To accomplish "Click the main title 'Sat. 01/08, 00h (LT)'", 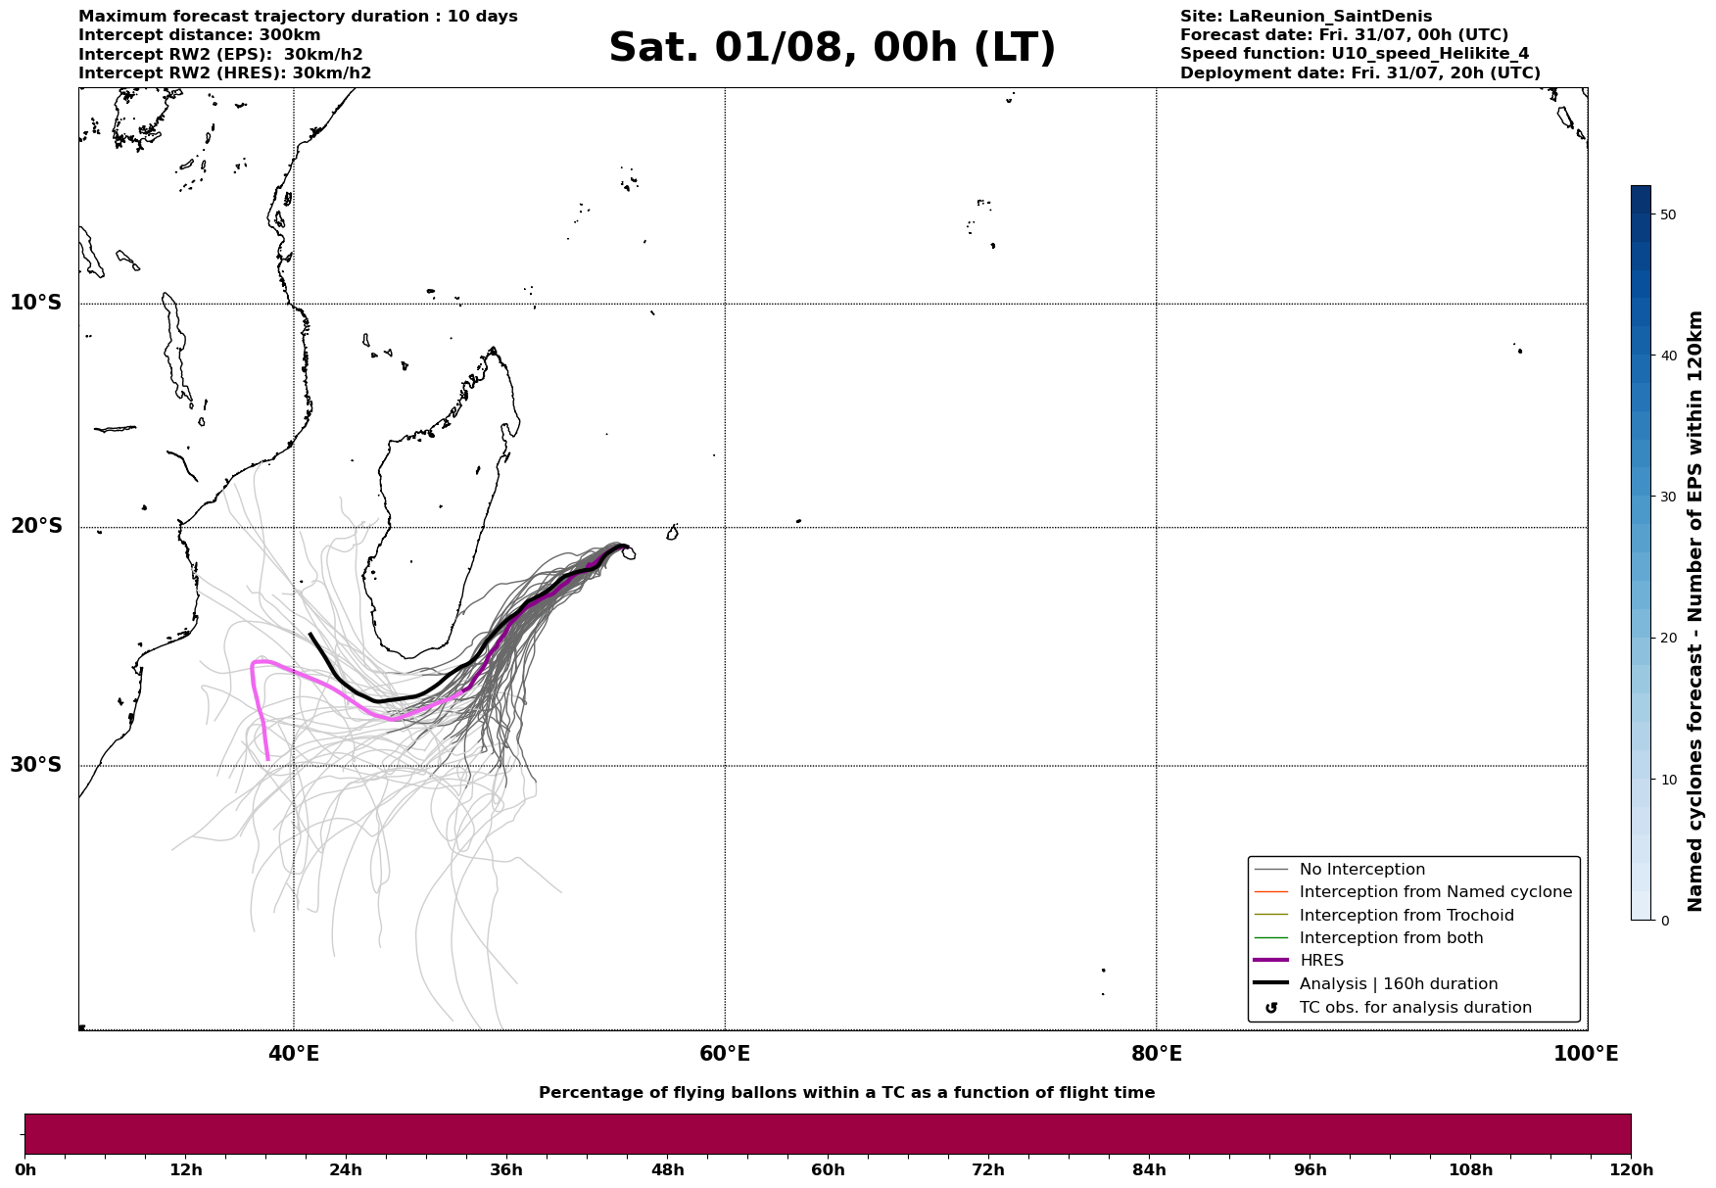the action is pyautogui.click(x=832, y=48).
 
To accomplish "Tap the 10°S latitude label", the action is pyautogui.click(x=36, y=303).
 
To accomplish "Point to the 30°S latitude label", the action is pyautogui.click(x=36, y=765).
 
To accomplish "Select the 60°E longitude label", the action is pyautogui.click(x=725, y=1054).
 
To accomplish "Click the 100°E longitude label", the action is pyautogui.click(x=1586, y=1054).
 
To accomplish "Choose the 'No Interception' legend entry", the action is pyautogui.click(x=1361, y=870).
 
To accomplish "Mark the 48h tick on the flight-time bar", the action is pyautogui.click(x=667, y=1170).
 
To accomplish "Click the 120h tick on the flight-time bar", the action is pyautogui.click(x=1631, y=1170).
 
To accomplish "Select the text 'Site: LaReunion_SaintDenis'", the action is pyautogui.click(x=1306, y=17).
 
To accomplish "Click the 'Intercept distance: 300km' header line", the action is pyautogui.click(x=199, y=35).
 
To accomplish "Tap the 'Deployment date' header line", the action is pyautogui.click(x=1359, y=73).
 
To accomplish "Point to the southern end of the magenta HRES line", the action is pyautogui.click(x=267, y=759).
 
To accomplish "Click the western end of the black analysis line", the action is pyautogui.click(x=310, y=634).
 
